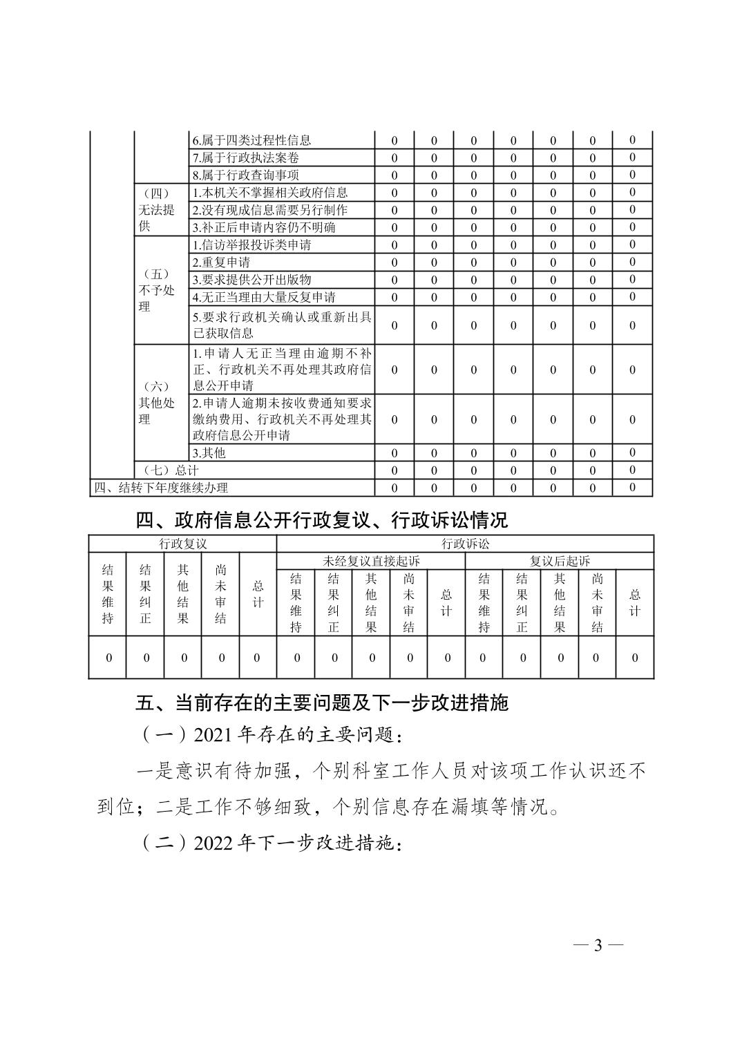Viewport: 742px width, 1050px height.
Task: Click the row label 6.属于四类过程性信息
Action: pyautogui.click(x=251, y=140)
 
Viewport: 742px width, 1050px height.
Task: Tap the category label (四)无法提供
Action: pyautogui.click(x=157, y=210)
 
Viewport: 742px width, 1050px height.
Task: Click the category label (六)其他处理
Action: pyautogui.click(x=157, y=403)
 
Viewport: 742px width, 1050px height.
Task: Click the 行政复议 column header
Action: pyautogui.click(x=182, y=544)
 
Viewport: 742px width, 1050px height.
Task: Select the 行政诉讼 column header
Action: pyautogui.click(x=465, y=544)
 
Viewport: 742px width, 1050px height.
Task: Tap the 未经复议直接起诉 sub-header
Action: pyautogui.click(x=371, y=561)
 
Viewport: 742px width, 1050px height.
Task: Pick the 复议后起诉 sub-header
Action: pyautogui.click(x=560, y=561)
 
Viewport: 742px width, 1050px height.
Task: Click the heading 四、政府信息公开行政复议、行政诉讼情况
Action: pyautogui.click(x=321, y=519)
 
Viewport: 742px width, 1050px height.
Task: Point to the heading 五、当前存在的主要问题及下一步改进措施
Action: pyautogui.click(x=321, y=703)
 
